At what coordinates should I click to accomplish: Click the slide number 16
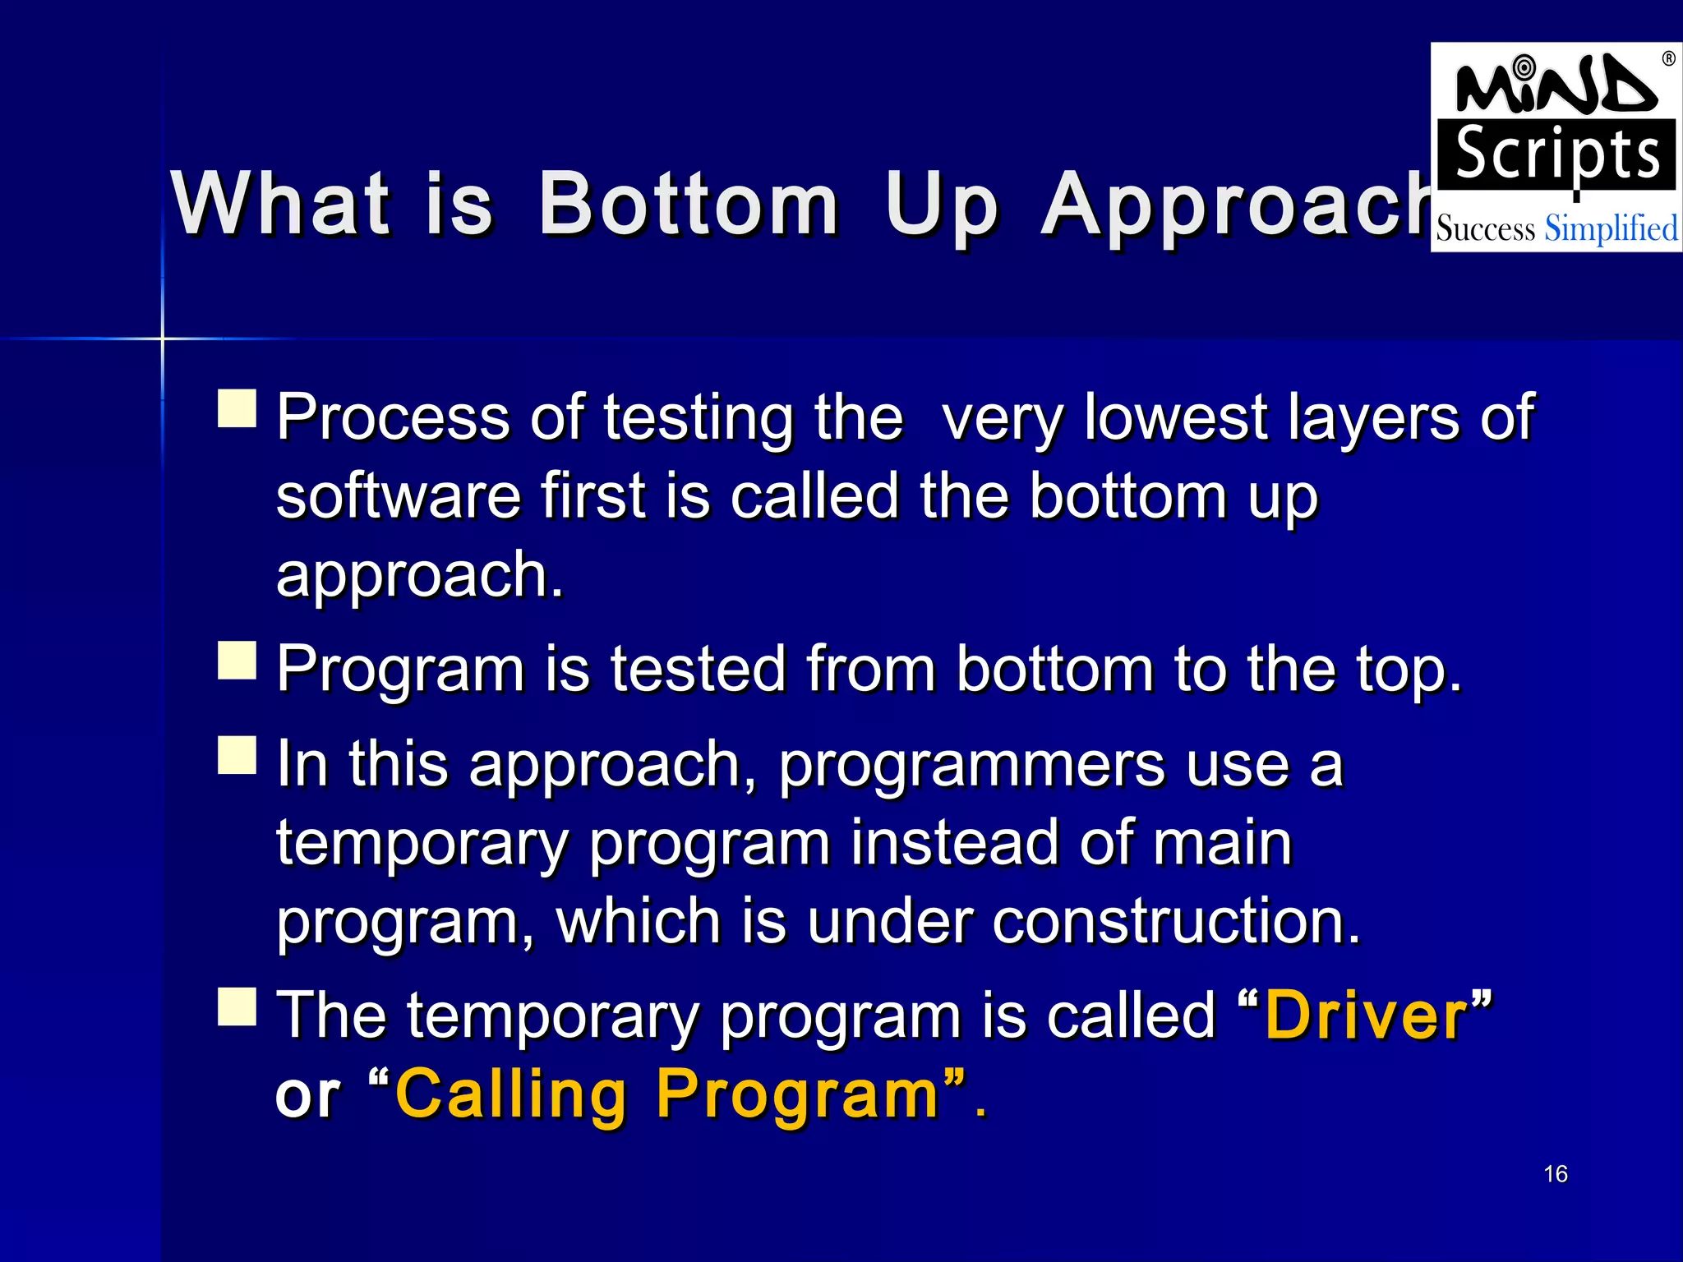click(x=1555, y=1173)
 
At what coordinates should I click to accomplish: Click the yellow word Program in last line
click(x=797, y=1096)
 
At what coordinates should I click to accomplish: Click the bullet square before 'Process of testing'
click(x=237, y=408)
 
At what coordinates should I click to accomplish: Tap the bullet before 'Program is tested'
click(x=237, y=661)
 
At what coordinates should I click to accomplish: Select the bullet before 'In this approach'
click(x=237, y=755)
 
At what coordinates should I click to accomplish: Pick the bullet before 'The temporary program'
click(x=237, y=1006)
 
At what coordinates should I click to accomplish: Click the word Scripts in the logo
click(x=1556, y=155)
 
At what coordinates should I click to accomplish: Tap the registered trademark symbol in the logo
click(x=1668, y=58)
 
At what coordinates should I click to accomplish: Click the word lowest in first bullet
click(x=1175, y=417)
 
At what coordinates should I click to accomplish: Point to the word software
click(x=398, y=496)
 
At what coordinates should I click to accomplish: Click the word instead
click(x=953, y=843)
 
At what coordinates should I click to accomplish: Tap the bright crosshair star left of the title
click(x=163, y=338)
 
